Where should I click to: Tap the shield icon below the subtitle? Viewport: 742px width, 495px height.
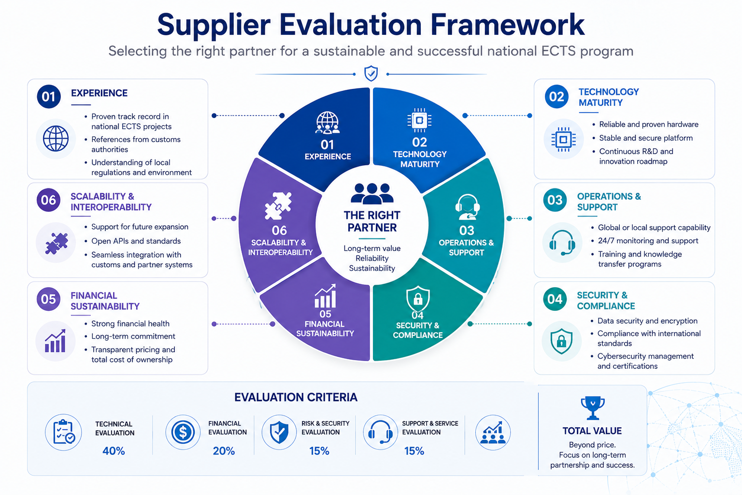(371, 73)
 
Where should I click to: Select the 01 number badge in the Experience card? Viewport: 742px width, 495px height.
(49, 97)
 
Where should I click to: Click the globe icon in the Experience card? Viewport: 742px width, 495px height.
(56, 139)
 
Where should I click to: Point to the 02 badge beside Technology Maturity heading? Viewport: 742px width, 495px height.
(556, 97)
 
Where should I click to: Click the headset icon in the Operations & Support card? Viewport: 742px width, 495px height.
(562, 242)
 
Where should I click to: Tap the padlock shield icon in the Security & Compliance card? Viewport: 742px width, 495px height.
(561, 341)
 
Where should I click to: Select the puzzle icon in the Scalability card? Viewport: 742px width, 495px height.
(57, 243)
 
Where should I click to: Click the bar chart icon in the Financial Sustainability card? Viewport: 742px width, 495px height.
(56, 341)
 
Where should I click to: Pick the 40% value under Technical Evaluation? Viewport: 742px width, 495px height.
(114, 451)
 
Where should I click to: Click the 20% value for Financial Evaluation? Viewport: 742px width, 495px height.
(224, 451)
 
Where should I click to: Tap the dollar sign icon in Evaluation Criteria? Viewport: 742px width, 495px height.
(183, 432)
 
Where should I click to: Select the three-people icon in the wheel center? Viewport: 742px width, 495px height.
(372, 193)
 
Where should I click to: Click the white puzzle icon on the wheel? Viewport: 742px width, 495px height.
(278, 205)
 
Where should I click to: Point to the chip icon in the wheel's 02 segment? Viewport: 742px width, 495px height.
(419, 120)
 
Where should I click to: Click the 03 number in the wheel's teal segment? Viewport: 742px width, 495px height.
(466, 231)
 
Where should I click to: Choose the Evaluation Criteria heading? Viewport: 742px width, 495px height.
(296, 397)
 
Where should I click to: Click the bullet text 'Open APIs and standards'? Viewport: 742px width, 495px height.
(136, 241)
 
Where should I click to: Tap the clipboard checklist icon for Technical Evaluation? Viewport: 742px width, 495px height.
(64, 432)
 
